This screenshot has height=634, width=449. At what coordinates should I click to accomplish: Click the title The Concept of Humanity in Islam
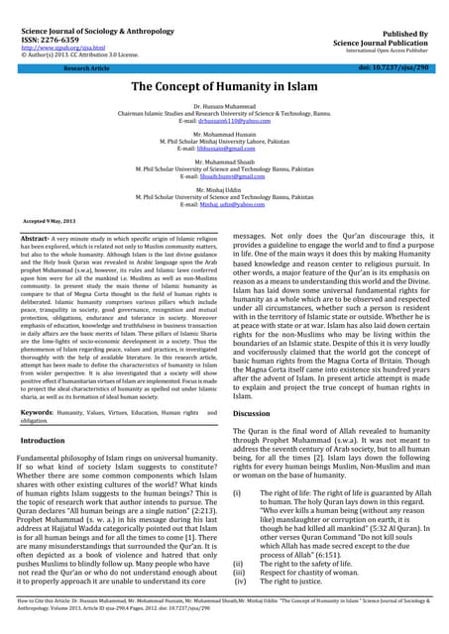pyautogui.click(x=224, y=87)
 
